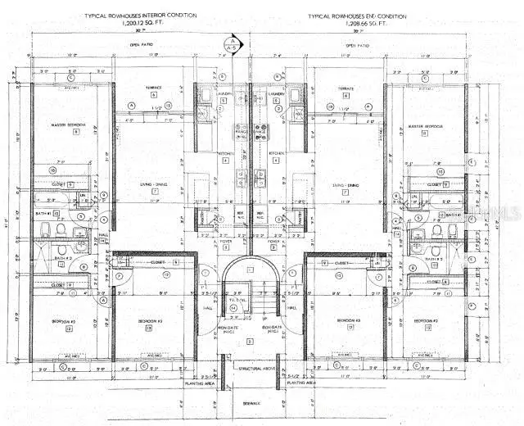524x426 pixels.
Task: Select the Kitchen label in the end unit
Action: tap(275, 153)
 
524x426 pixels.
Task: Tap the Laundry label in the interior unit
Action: tap(224, 93)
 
